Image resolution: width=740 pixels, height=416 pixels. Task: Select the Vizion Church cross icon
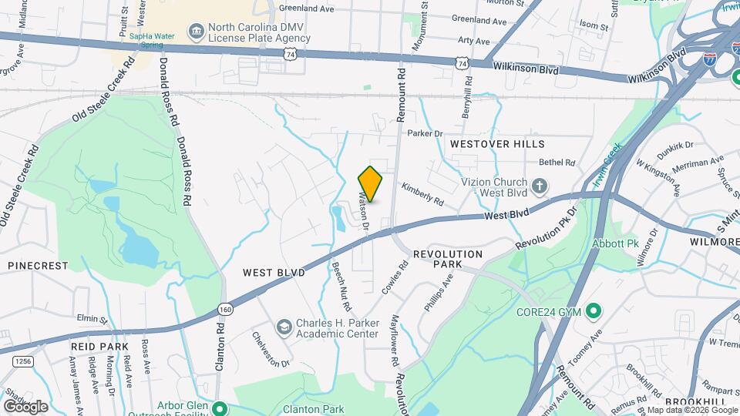(x=540, y=185)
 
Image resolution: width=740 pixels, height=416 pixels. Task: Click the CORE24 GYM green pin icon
(x=593, y=311)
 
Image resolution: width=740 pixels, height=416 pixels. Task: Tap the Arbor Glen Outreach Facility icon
(x=220, y=408)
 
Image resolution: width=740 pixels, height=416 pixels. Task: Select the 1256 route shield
(x=24, y=361)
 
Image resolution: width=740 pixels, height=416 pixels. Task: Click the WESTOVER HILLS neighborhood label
(x=497, y=144)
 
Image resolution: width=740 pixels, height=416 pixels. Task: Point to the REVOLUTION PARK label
(x=448, y=259)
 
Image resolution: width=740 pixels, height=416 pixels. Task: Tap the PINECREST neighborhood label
(x=38, y=265)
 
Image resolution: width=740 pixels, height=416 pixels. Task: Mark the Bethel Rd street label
(x=557, y=163)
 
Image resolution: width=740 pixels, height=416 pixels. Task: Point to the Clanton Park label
(x=313, y=409)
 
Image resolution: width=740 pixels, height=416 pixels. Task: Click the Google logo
(x=25, y=406)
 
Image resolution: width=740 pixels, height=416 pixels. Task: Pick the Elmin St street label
(x=92, y=318)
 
